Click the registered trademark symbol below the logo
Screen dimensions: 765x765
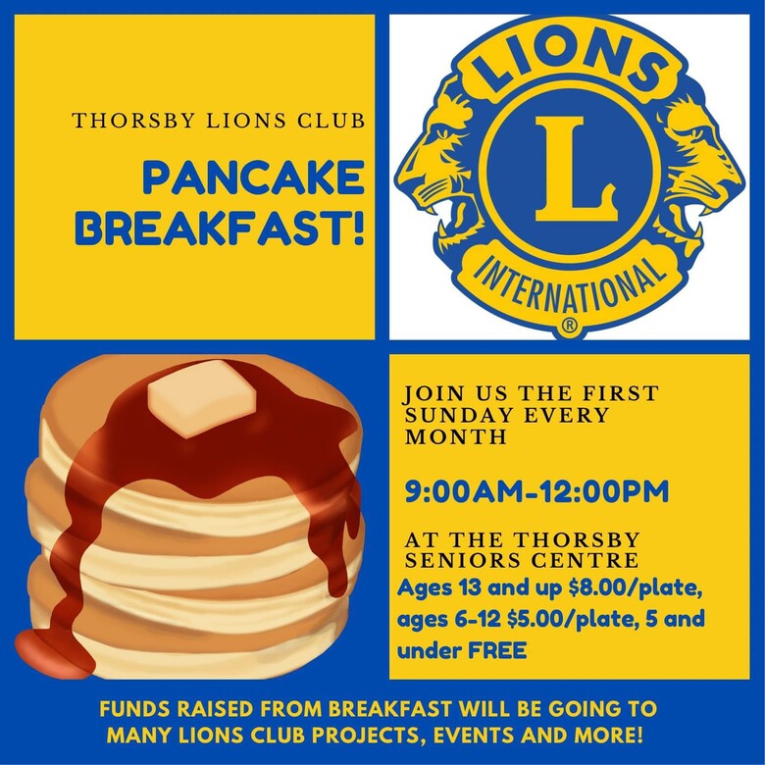[569, 326]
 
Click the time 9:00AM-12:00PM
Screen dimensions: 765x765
[536, 491]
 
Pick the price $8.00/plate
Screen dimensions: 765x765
[636, 589]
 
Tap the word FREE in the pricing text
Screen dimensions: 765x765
[497, 651]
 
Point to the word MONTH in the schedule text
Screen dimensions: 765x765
[456, 436]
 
